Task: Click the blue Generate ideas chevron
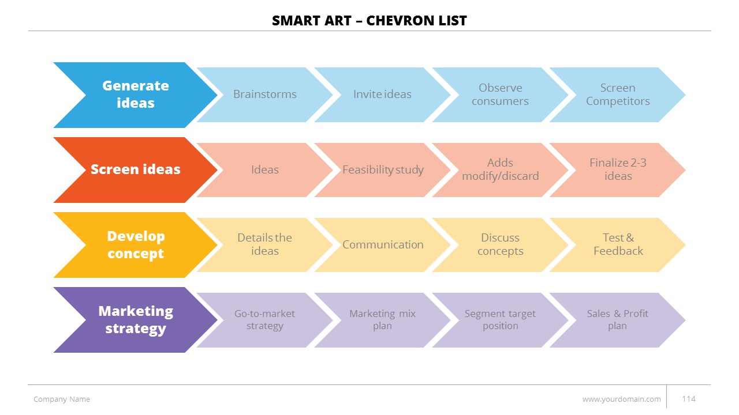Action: pyautogui.click(x=136, y=95)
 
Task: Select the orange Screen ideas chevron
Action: pyautogui.click(x=136, y=169)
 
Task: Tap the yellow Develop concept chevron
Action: pyautogui.click(x=136, y=245)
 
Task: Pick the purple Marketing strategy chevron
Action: pyautogui.click(x=136, y=320)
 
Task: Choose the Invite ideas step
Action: pyautogui.click(x=382, y=95)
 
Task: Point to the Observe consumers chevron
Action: pyautogui.click(x=500, y=95)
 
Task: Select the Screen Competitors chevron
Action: pyautogui.click(x=618, y=95)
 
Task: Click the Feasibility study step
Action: pyautogui.click(x=382, y=169)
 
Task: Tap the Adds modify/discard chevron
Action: pyautogui.click(x=500, y=169)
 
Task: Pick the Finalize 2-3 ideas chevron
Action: pyautogui.click(x=618, y=169)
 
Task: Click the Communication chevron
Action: pyautogui.click(x=382, y=245)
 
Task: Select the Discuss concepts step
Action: pyautogui.click(x=500, y=245)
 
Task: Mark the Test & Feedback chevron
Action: pyautogui.click(x=618, y=245)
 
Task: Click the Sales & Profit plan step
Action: pyautogui.click(x=618, y=320)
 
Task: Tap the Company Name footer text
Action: pyautogui.click(x=62, y=399)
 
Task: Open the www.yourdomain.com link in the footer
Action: pyautogui.click(x=622, y=399)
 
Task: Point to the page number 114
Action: pyautogui.click(x=689, y=399)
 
